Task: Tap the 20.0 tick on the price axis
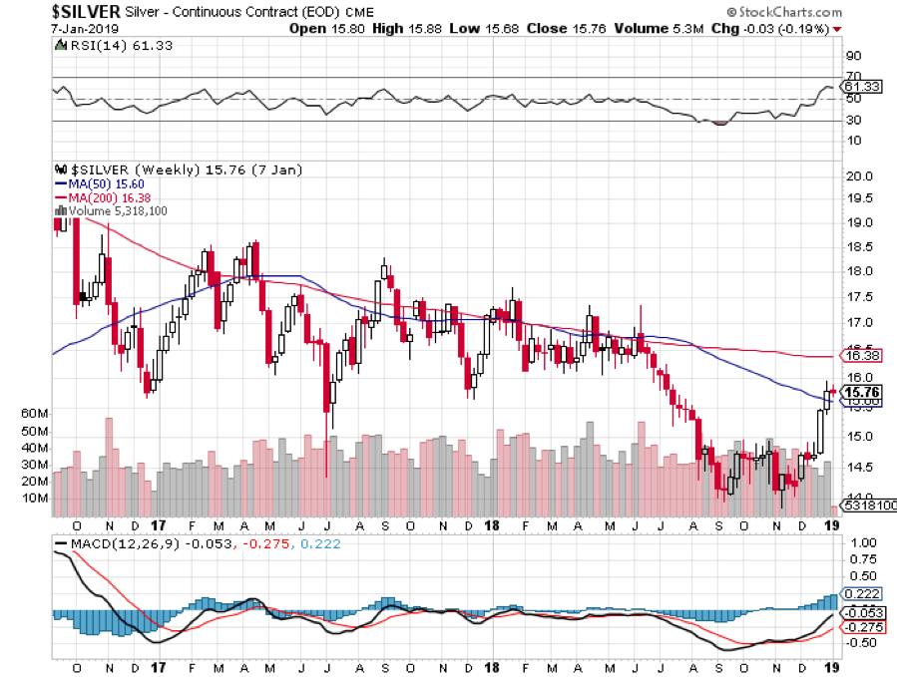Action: tap(859, 176)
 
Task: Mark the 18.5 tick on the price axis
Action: tap(859, 247)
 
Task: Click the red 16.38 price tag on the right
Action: tap(860, 355)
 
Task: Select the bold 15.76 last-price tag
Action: tap(860, 393)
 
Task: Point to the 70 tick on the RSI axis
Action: tap(853, 76)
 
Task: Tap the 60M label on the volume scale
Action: tap(35, 412)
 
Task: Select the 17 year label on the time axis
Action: tap(157, 524)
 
